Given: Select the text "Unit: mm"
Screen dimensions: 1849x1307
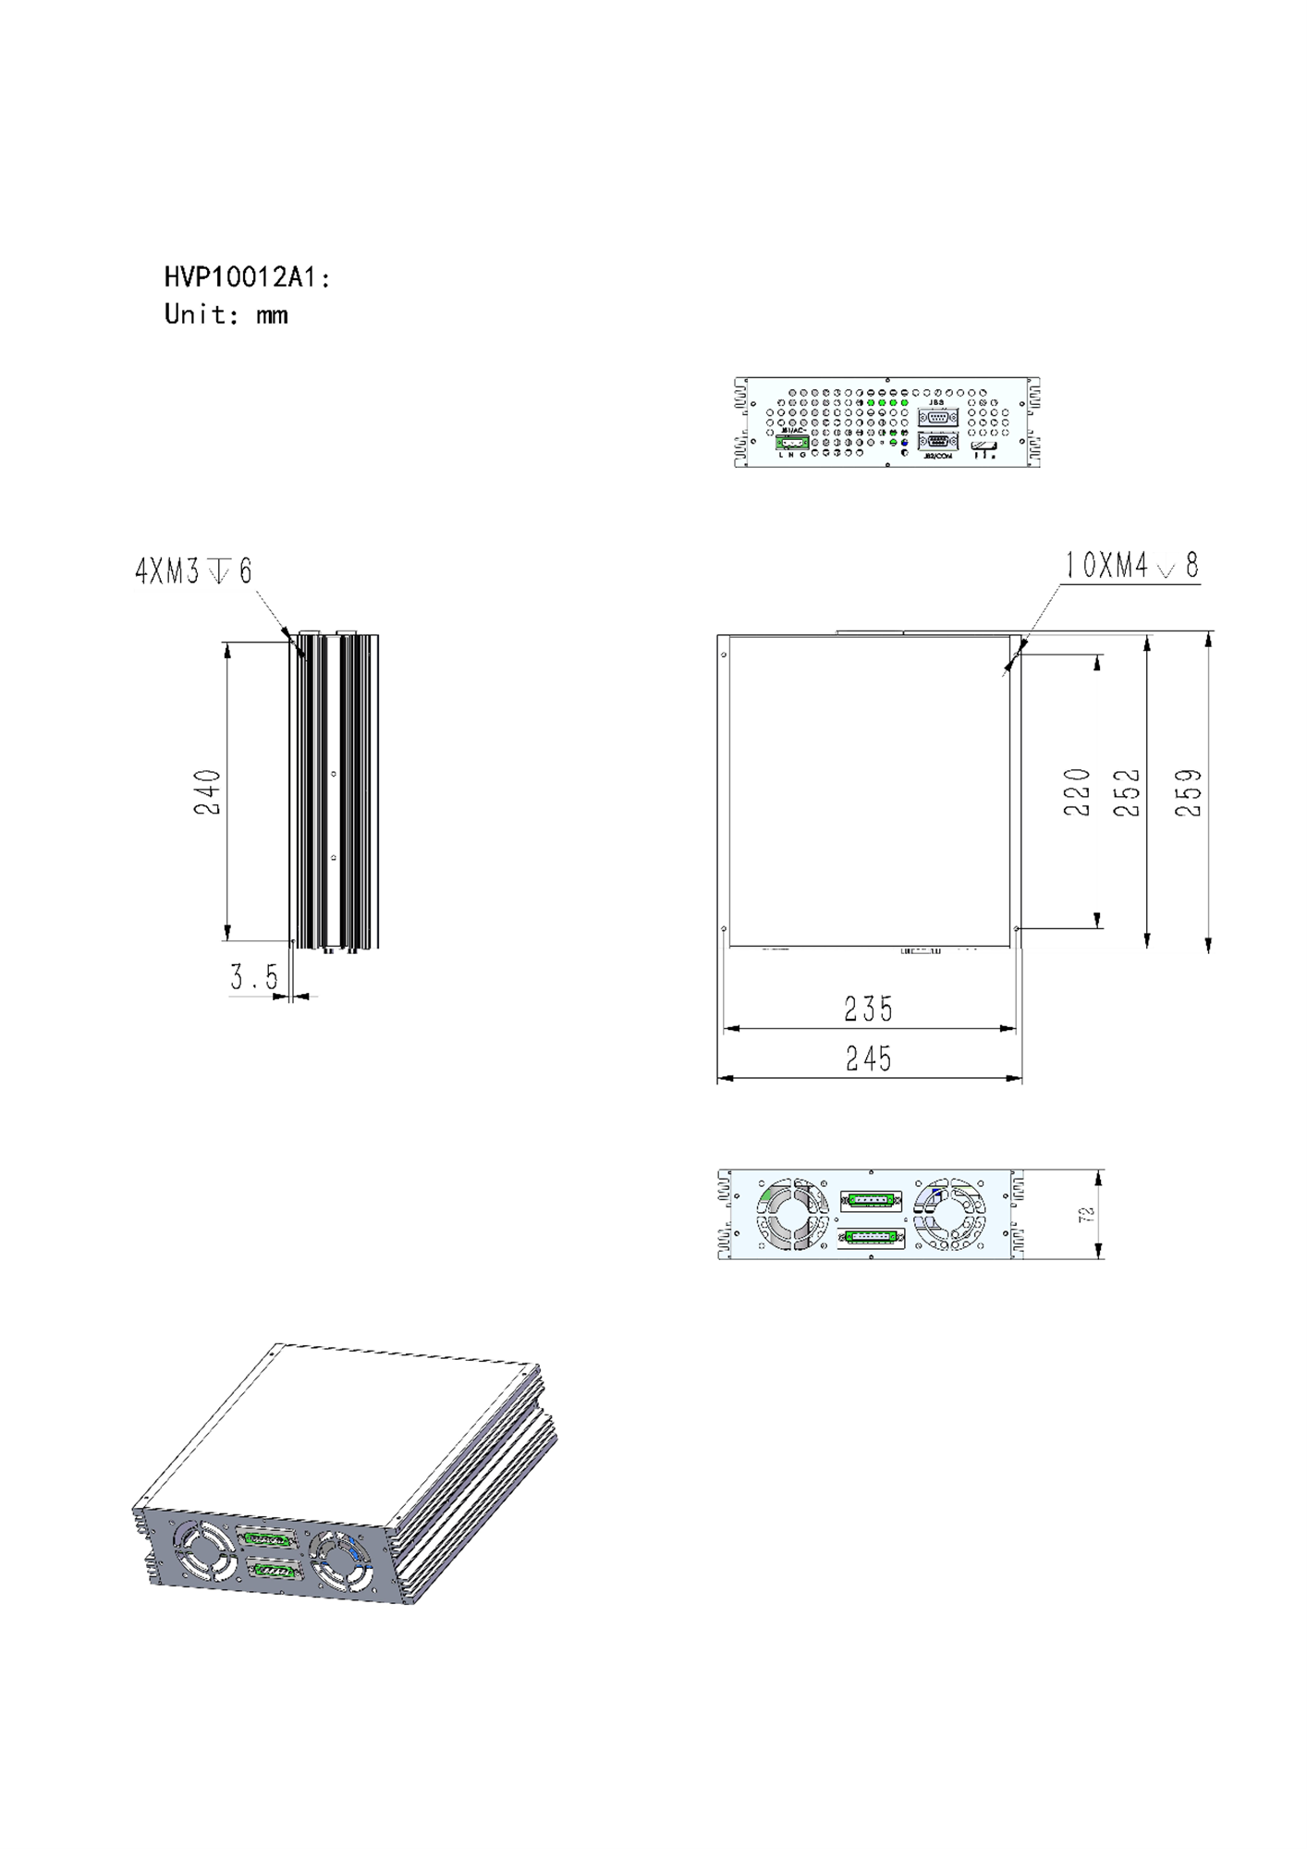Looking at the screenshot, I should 226,314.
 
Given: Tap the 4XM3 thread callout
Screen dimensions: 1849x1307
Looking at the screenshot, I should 193,571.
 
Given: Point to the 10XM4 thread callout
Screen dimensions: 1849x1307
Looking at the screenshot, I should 1131,565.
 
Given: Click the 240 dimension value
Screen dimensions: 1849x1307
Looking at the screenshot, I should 208,791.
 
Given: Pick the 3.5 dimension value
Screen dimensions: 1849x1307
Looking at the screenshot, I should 253,976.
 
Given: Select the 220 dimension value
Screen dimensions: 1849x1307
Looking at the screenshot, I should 1077,791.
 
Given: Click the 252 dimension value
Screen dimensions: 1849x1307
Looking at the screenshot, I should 1127,792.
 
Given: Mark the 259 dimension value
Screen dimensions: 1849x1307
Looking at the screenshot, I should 1189,792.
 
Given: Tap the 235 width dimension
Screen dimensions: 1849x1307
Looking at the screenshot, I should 869,1009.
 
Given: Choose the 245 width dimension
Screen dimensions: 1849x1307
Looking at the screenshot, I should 869,1058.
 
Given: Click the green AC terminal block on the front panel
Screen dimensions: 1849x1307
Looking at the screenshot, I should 792,443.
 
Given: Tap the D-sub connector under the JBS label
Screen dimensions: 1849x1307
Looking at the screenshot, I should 937,417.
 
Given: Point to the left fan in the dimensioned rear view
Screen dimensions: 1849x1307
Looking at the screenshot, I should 792,1215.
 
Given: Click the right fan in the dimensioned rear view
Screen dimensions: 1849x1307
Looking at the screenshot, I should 949,1215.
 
